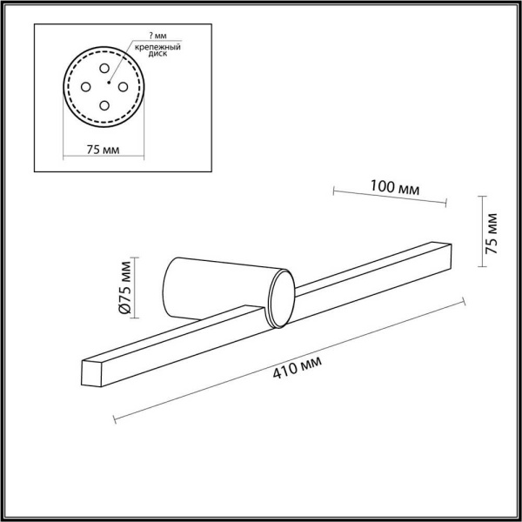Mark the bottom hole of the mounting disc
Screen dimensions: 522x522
(104, 104)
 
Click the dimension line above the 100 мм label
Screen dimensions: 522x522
(389, 197)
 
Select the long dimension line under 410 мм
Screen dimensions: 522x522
(291, 358)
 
